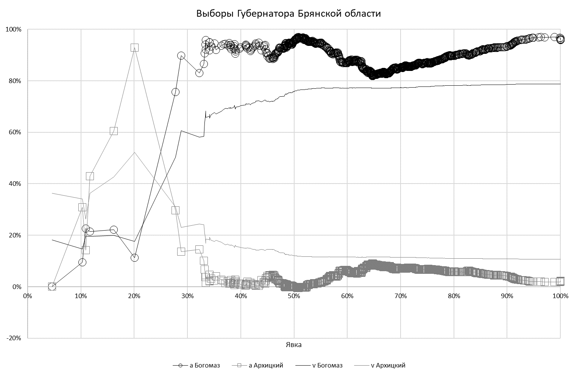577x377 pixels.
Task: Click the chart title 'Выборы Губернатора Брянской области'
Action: (x=288, y=14)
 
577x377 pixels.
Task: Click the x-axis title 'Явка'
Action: (x=294, y=345)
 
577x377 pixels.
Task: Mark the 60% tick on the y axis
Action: (x=14, y=132)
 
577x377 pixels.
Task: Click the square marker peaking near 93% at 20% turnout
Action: (x=134, y=47)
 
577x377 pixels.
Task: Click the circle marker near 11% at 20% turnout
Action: (x=134, y=258)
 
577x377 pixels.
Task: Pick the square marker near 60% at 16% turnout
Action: (x=114, y=131)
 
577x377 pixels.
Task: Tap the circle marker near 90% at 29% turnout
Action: (x=181, y=56)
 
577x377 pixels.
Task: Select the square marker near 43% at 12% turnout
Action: (x=90, y=176)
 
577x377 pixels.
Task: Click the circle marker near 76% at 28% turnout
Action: (x=175, y=92)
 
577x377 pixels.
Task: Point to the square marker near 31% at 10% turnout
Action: (x=82, y=207)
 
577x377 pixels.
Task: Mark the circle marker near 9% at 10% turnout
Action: (x=82, y=262)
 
